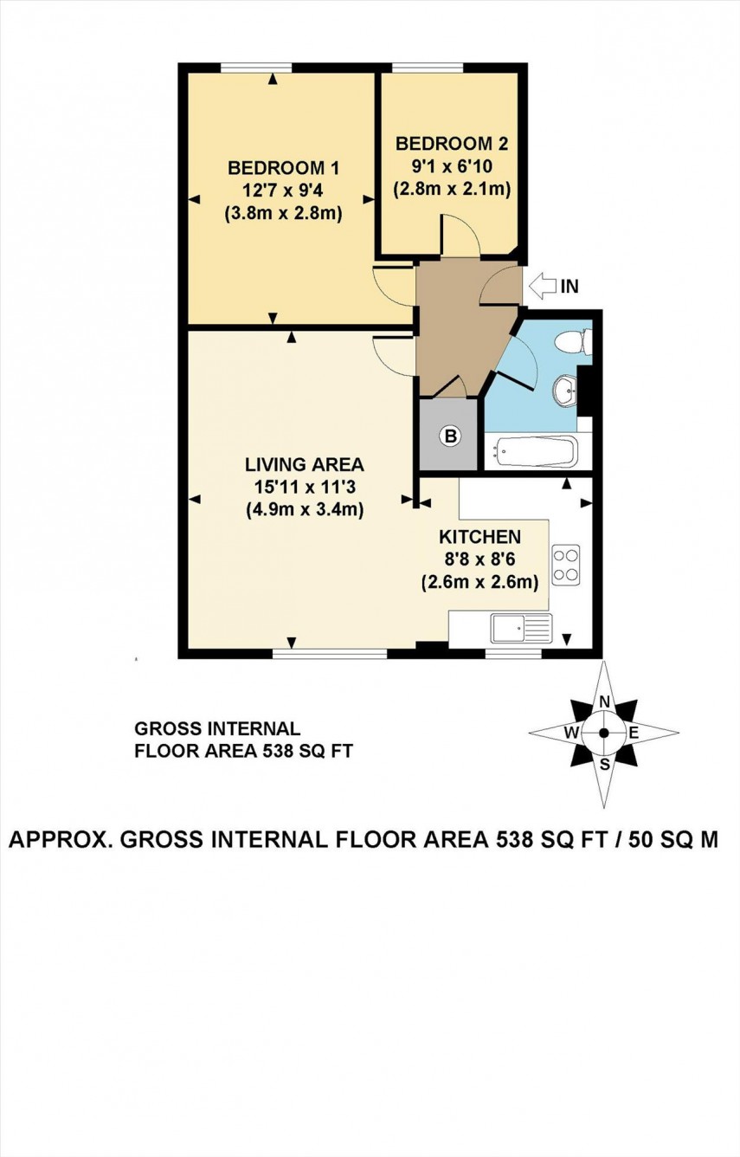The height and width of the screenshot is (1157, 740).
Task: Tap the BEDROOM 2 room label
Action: (451, 144)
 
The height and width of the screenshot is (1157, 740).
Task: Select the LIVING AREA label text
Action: (303, 463)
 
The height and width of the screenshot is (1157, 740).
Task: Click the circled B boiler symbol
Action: (449, 436)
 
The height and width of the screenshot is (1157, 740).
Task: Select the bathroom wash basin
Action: (567, 391)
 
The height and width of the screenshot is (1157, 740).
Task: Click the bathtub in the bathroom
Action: (536, 450)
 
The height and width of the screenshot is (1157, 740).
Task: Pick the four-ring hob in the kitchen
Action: (566, 564)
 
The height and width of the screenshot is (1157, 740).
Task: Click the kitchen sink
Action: (520, 626)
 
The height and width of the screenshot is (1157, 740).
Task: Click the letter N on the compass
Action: (605, 701)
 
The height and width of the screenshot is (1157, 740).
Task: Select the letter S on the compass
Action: (605, 764)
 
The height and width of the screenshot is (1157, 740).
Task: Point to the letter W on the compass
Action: (572, 733)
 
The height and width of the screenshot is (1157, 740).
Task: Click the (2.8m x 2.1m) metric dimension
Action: (451, 188)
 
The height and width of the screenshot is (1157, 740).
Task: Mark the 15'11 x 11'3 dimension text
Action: (303, 487)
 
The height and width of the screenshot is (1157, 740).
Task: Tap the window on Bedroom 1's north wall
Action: (255, 68)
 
